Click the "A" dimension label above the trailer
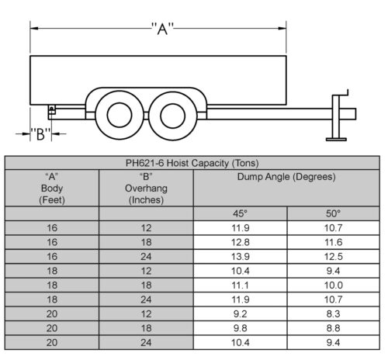click(x=162, y=29)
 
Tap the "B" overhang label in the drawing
click(x=40, y=134)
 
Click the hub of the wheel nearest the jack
click(x=173, y=116)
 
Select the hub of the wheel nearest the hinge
click(x=120, y=115)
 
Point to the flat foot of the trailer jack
click(x=336, y=140)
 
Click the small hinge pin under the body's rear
click(x=51, y=108)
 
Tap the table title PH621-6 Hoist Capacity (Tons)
click(x=192, y=163)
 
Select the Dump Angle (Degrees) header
click(x=286, y=177)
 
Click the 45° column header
click(x=240, y=213)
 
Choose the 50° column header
click(x=333, y=213)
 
